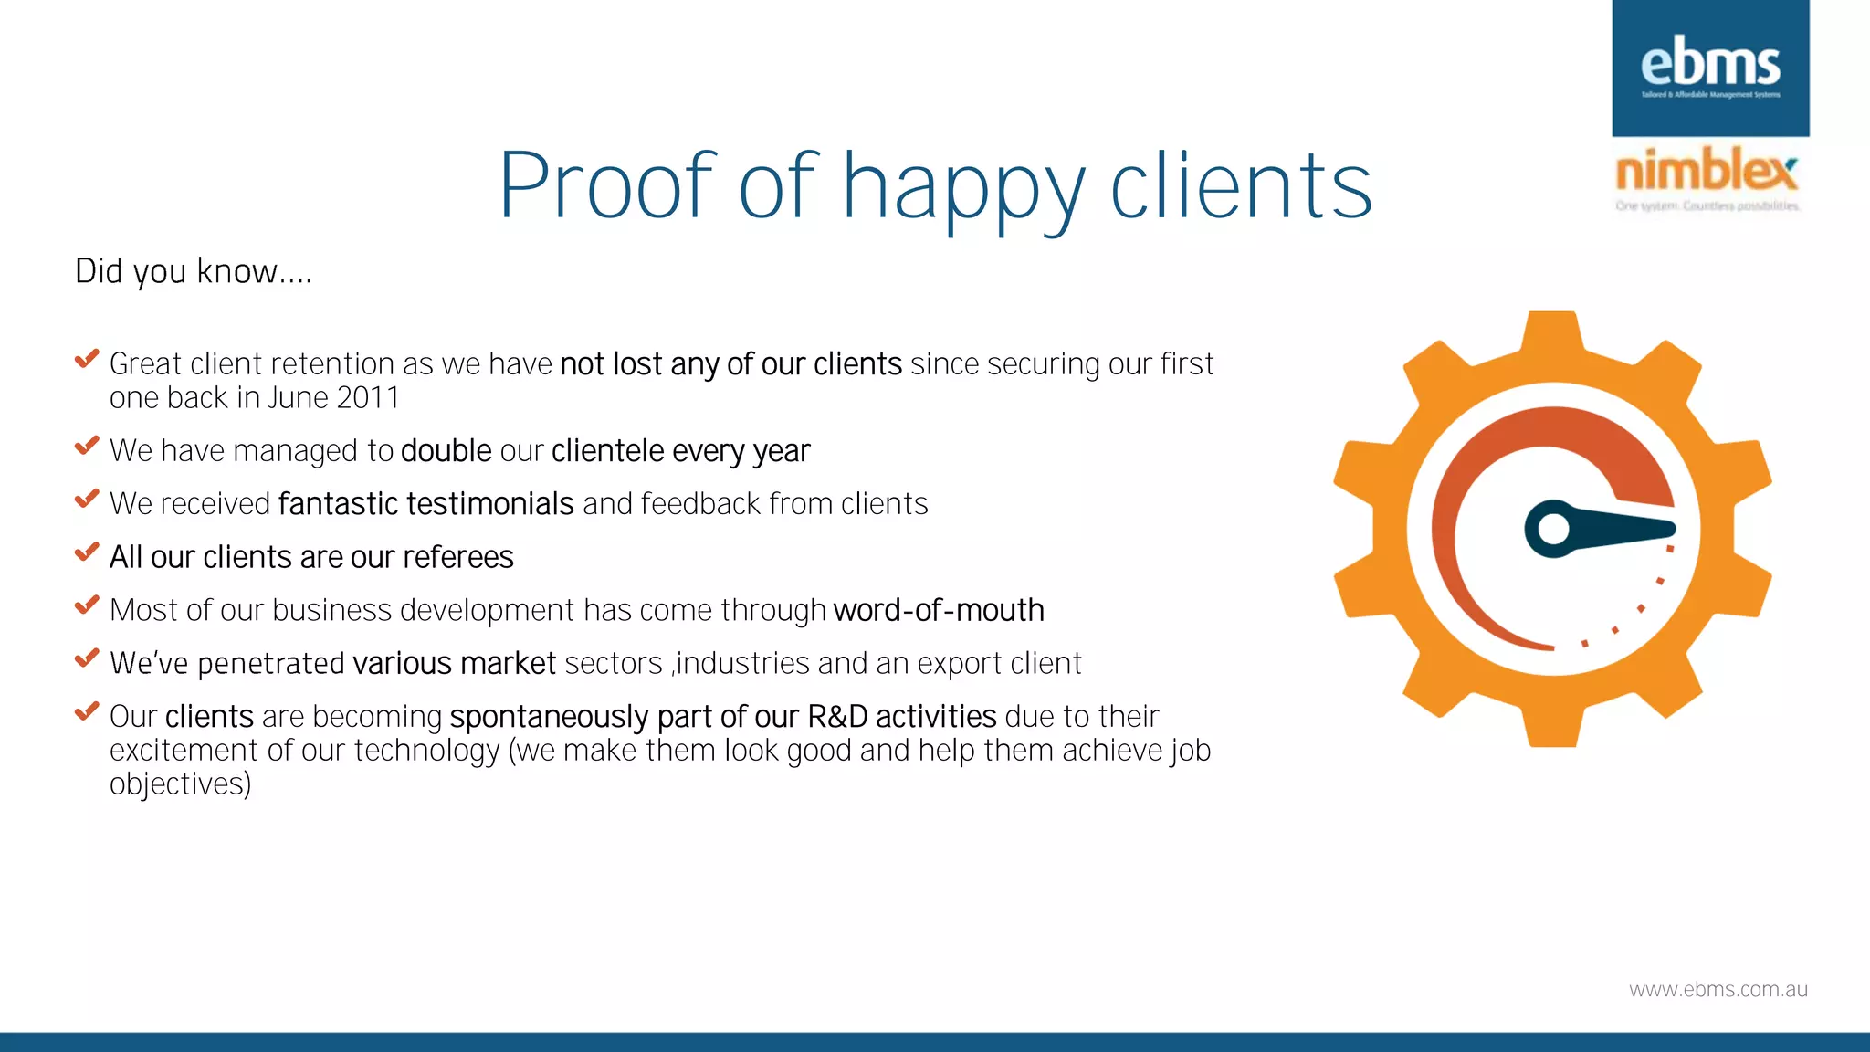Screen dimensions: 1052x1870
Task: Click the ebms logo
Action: pos(1710,68)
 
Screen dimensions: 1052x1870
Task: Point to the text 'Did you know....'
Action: pos(194,271)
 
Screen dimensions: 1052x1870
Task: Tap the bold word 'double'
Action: pos(446,451)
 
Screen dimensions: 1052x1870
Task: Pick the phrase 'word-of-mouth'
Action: pos(939,610)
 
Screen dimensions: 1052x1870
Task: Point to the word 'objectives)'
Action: pos(181,784)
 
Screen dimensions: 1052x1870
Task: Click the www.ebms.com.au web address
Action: pos(1718,990)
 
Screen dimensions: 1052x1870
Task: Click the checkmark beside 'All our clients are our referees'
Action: pos(87,552)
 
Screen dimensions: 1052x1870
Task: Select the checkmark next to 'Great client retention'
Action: pos(87,360)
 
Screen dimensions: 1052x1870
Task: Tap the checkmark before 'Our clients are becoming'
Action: pos(87,711)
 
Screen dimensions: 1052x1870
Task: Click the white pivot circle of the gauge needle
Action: pos(1553,529)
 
